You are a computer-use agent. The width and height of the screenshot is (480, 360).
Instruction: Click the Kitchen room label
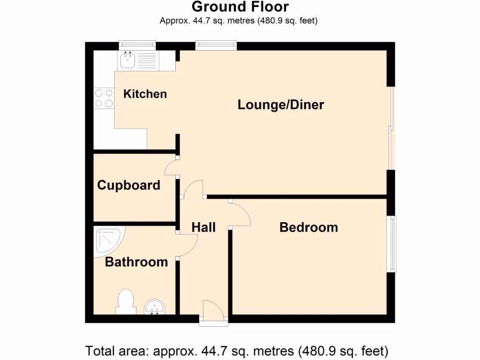coord(145,94)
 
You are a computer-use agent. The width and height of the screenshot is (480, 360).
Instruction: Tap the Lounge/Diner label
coord(281,105)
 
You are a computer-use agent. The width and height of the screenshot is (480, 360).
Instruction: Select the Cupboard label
coord(128,185)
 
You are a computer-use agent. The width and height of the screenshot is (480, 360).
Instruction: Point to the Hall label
coord(203,227)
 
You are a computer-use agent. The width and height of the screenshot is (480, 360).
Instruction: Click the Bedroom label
coord(308,227)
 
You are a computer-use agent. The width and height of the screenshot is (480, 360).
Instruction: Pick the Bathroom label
coord(136,262)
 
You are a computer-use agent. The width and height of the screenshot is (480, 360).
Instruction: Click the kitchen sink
coord(127,60)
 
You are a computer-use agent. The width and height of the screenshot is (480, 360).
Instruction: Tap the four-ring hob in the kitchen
coord(104,98)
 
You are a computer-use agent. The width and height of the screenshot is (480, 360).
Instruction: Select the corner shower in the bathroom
coord(107,240)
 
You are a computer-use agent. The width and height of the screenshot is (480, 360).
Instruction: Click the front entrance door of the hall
coord(213,312)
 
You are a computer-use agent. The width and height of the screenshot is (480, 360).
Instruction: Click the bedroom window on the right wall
coord(391,244)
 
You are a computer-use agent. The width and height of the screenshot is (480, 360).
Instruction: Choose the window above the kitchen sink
coord(137,45)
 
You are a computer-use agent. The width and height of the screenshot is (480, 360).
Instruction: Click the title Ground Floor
coord(240,7)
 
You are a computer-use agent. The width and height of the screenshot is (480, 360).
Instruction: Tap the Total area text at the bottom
coord(237,350)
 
